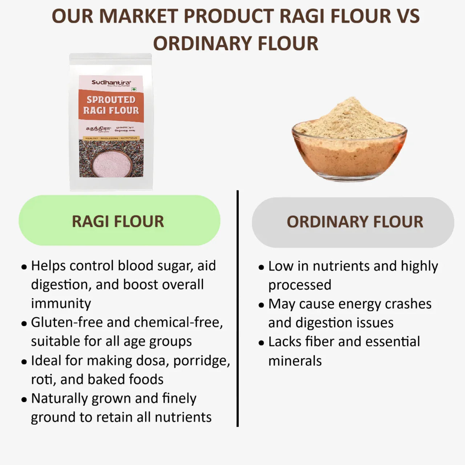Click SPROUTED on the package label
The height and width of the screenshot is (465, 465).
(111, 100)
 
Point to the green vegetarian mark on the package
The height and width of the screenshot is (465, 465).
(134, 89)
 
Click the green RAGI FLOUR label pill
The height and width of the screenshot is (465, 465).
(119, 221)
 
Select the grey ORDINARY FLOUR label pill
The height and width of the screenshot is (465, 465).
(353, 222)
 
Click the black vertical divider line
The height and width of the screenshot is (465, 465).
(238, 309)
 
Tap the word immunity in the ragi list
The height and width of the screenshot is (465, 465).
(61, 303)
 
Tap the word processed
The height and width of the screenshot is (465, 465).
(300, 285)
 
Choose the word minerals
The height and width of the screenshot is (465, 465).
(295, 361)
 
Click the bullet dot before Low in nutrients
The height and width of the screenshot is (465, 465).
(261, 267)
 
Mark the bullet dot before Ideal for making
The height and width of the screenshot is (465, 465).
(24, 362)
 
